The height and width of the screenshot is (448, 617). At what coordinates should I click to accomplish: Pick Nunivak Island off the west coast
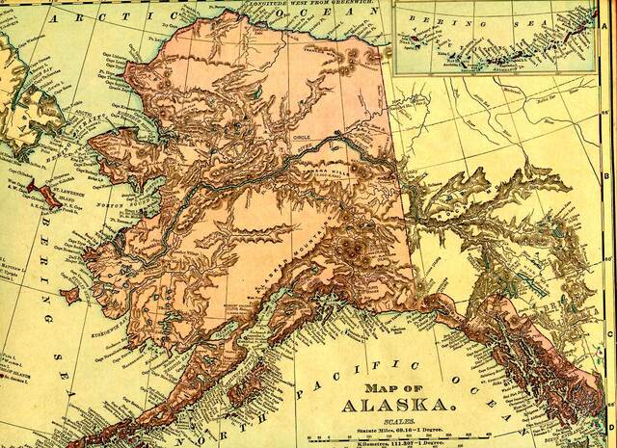click(70, 291)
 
